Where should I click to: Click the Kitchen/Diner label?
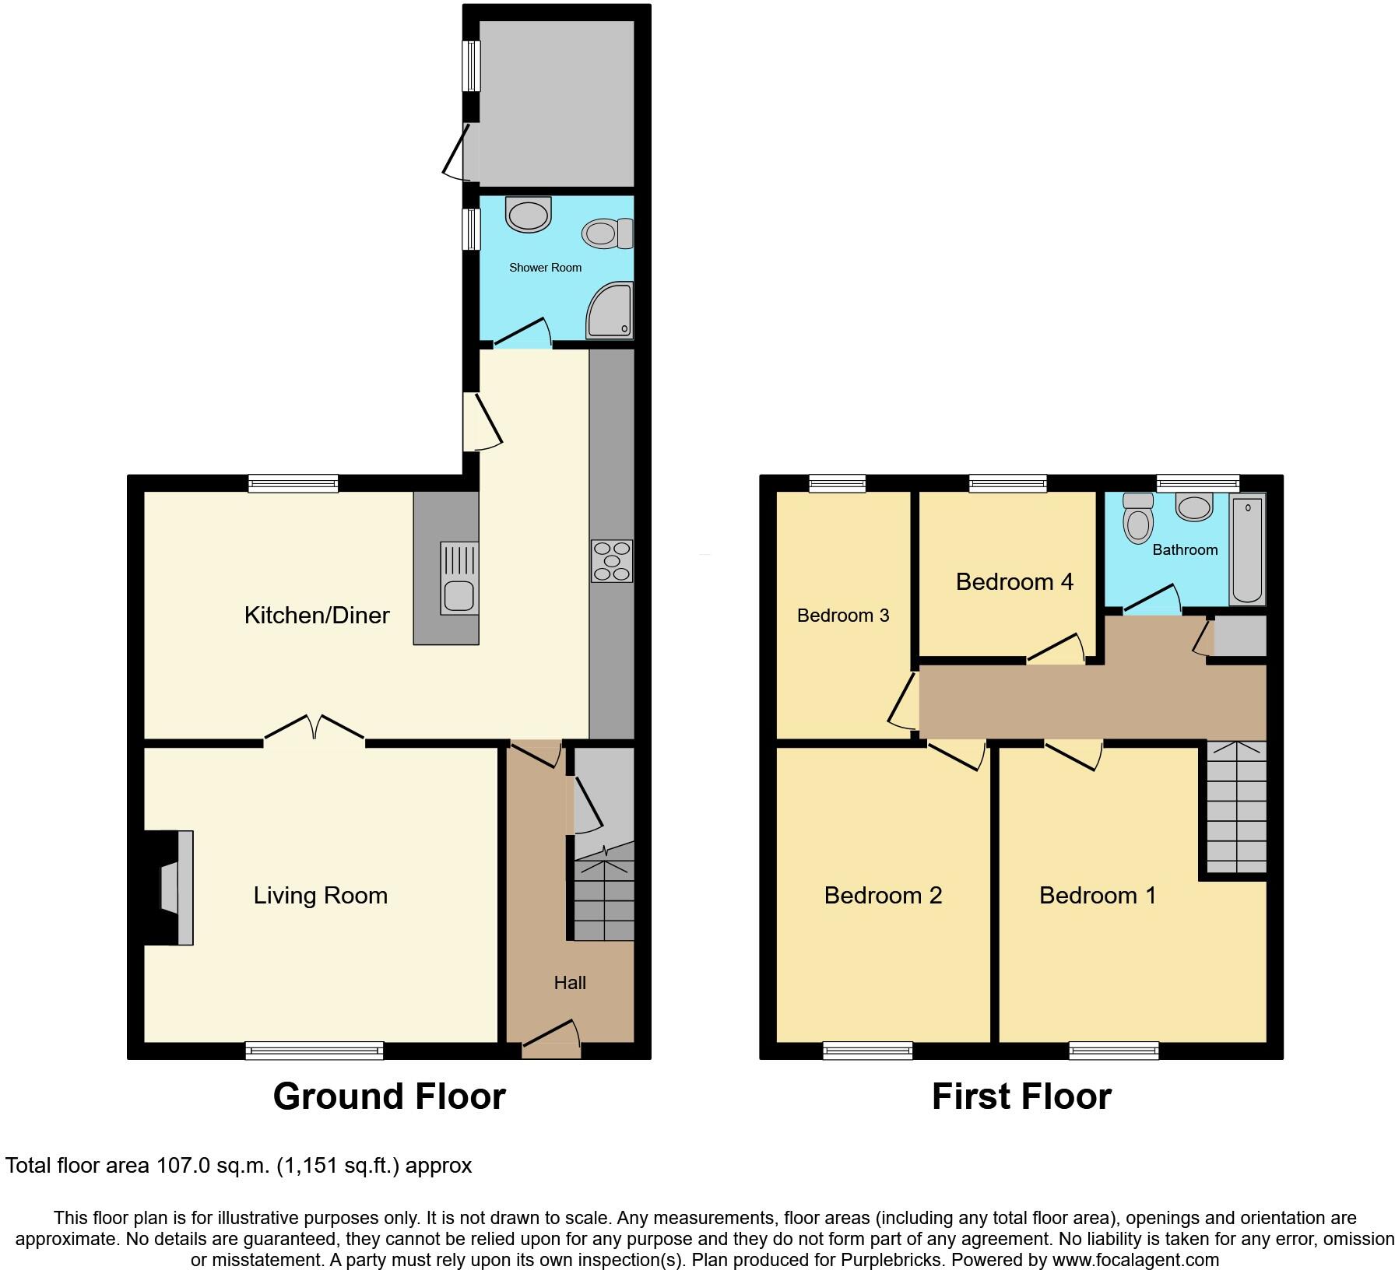point(317,616)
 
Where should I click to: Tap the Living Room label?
point(320,896)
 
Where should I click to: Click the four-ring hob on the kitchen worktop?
point(613,561)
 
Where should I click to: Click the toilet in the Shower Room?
point(608,233)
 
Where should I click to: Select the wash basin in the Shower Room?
point(528,214)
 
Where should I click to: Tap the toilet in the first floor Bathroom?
point(1138,520)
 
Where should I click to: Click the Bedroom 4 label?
point(1014,582)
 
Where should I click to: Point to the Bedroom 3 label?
point(843,616)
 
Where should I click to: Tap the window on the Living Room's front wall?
point(314,1051)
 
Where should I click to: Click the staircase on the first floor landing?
point(1236,808)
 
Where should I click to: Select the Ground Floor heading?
point(389,1096)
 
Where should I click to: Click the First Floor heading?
point(1021,1096)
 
